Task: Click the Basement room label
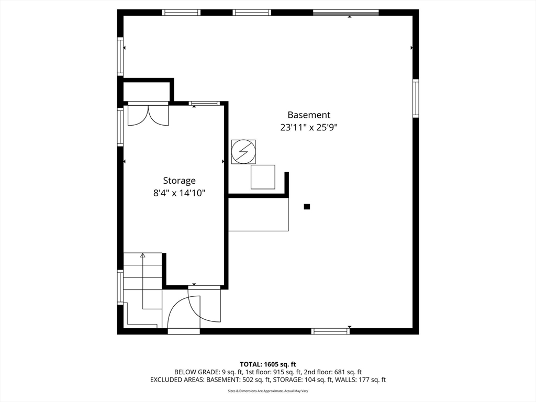tap(309, 115)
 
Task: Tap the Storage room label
tap(179, 181)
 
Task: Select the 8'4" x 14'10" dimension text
tap(179, 193)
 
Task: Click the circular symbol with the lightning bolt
tap(243, 152)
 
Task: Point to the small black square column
tap(307, 207)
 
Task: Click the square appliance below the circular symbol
tap(263, 177)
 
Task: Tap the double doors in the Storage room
tap(148, 115)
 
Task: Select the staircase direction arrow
tap(142, 256)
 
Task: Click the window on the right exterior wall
tap(415, 98)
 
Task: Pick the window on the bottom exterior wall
tap(330, 331)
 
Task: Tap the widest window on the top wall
tap(345, 13)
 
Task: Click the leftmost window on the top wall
tap(181, 13)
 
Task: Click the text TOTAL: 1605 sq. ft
tap(268, 364)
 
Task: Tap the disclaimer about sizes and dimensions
tap(268, 391)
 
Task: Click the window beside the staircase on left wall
tap(120, 287)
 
